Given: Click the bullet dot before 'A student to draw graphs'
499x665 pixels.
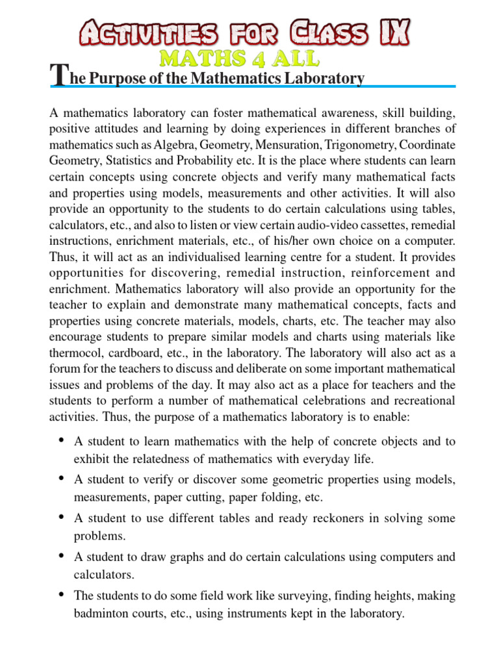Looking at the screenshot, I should pyautogui.click(x=60, y=556).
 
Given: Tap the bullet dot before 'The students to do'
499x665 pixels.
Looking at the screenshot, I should pyautogui.click(x=60, y=594).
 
